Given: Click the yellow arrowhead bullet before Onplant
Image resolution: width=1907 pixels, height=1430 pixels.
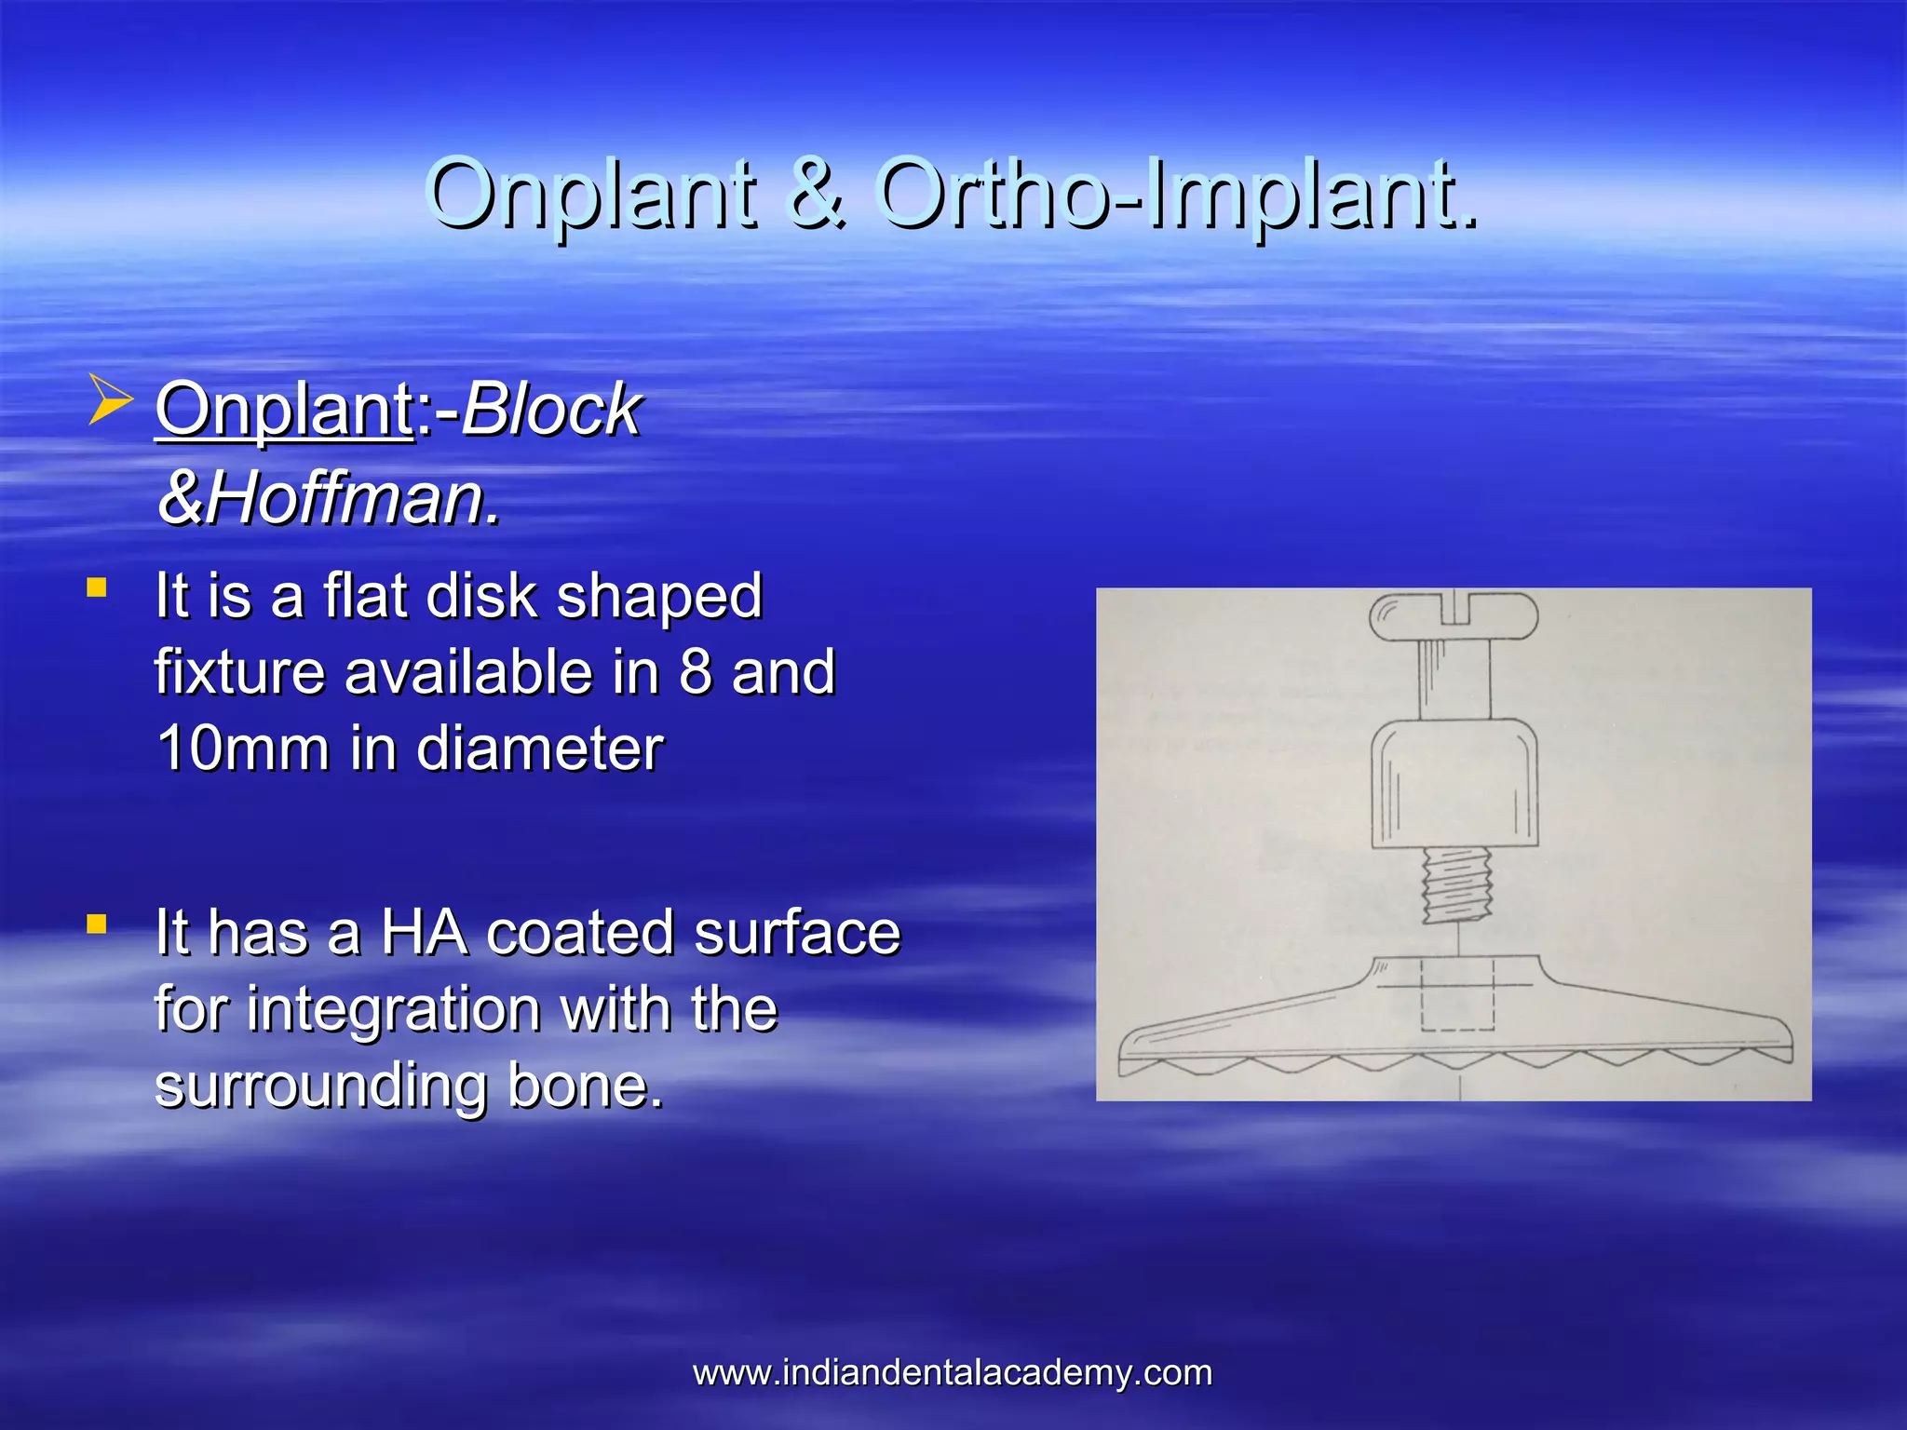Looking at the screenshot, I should [x=110, y=400].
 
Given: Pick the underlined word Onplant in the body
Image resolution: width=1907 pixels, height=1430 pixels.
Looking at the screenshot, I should [x=285, y=410].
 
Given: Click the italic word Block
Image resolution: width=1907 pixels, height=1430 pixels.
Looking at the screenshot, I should [x=551, y=410].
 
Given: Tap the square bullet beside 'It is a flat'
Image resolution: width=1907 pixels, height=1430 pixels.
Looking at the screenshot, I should [x=96, y=587].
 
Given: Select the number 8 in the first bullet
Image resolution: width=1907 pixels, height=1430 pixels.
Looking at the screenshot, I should [x=696, y=672].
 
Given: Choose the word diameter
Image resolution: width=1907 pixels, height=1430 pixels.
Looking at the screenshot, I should [x=540, y=749].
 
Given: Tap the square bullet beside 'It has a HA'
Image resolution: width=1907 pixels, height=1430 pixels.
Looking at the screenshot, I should [x=96, y=924].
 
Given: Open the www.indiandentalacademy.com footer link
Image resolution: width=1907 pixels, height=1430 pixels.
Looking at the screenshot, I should [x=953, y=1373].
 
